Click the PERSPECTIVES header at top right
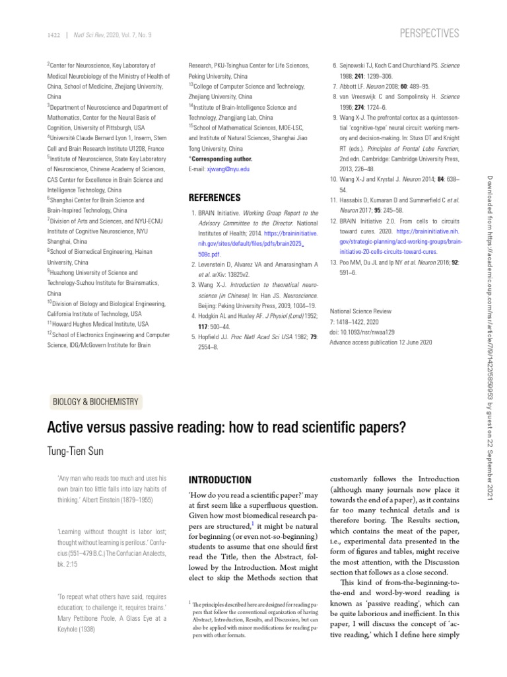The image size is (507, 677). (430, 33)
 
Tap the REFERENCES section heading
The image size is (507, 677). (215, 197)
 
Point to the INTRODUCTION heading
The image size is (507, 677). (220, 479)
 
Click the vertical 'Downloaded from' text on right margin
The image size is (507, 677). (490, 205)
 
